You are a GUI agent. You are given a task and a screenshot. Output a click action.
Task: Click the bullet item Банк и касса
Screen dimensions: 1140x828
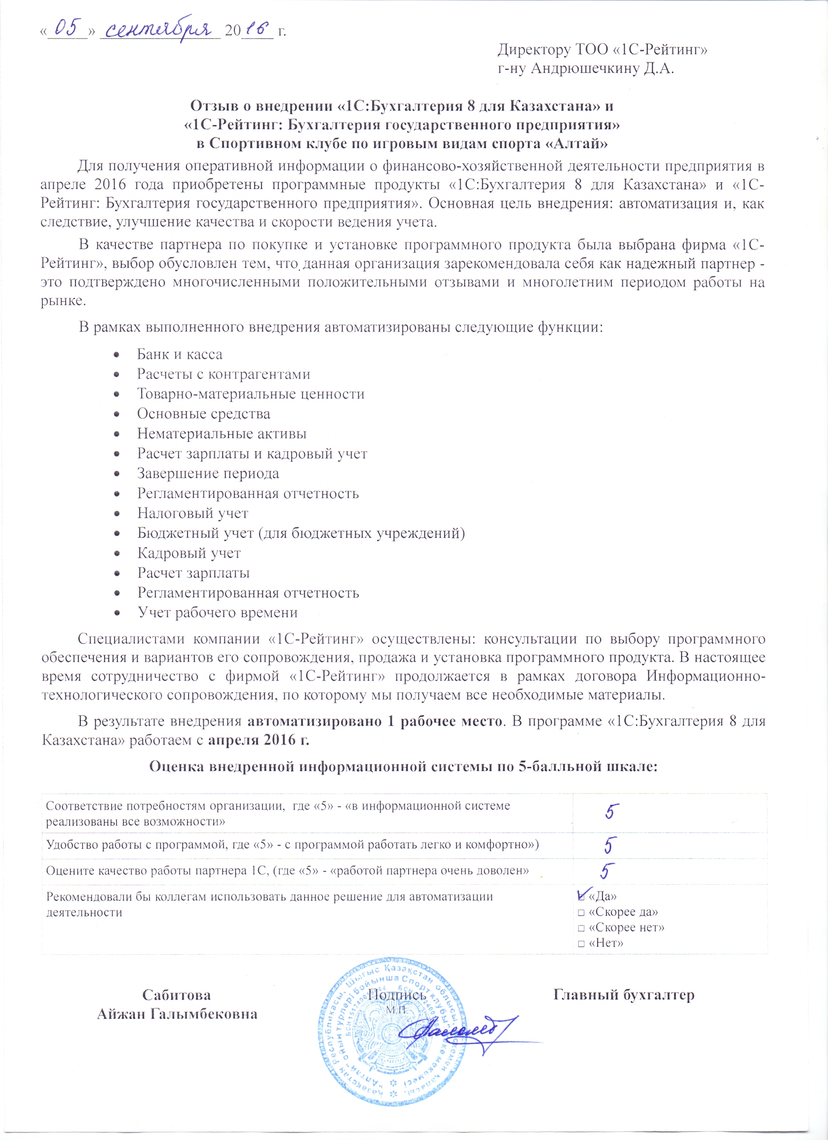[x=179, y=354]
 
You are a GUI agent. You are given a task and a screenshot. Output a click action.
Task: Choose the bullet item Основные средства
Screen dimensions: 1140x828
[x=204, y=414]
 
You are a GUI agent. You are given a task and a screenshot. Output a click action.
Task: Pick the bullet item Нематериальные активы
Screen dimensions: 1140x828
[x=222, y=433]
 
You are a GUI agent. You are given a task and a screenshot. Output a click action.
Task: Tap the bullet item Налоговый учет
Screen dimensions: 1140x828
[x=192, y=513]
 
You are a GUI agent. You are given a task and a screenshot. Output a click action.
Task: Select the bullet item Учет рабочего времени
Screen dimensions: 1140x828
[x=218, y=612]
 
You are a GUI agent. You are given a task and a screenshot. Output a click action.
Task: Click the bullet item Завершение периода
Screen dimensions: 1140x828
[x=208, y=474]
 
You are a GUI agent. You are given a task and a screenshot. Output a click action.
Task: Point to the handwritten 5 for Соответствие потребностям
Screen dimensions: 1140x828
[x=611, y=811]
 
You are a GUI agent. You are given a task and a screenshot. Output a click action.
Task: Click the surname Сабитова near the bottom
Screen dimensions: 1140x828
[x=176, y=995]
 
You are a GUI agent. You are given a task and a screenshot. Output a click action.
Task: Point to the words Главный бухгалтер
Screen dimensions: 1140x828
[x=623, y=995]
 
